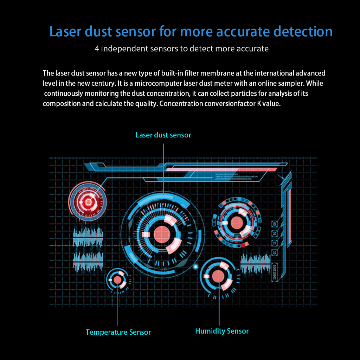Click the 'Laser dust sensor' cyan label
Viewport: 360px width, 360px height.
pos(163,135)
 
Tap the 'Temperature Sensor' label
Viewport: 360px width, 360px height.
pos(118,332)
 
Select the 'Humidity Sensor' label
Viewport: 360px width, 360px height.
pos(222,331)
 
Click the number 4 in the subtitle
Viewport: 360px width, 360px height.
pos(97,49)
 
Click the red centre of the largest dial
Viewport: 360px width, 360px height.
pos(162,234)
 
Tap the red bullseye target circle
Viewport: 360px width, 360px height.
pos(87,202)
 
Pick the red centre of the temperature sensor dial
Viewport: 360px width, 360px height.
pos(117,280)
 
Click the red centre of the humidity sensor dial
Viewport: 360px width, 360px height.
pos(218,275)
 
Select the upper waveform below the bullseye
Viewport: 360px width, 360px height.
pos(88,237)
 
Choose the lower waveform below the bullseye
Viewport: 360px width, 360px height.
pos(88,261)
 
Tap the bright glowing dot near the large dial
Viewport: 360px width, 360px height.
pos(196,266)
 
